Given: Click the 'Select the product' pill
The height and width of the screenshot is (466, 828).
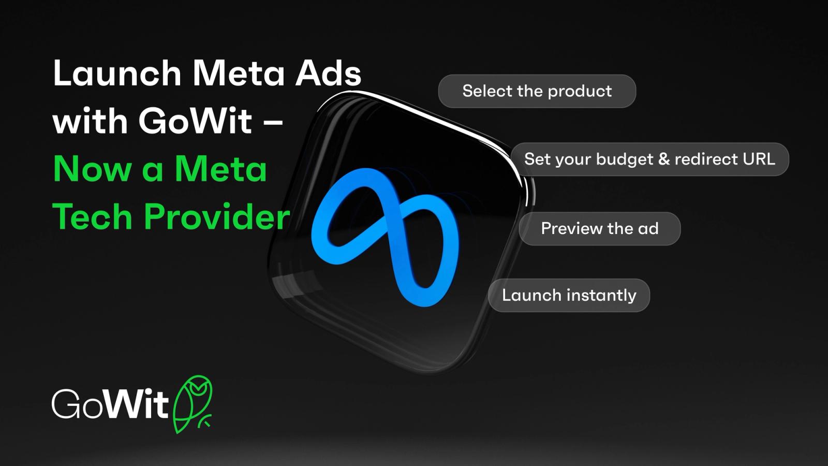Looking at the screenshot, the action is [x=537, y=91].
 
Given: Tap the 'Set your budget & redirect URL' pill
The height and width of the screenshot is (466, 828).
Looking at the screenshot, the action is [x=649, y=159].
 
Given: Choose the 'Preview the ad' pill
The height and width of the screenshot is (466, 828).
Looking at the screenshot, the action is [x=600, y=228].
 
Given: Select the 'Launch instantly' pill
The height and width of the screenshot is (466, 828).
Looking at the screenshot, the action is [x=569, y=295].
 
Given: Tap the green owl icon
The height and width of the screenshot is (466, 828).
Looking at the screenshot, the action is [x=192, y=404].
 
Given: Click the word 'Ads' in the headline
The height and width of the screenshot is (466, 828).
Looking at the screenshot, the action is [x=328, y=73].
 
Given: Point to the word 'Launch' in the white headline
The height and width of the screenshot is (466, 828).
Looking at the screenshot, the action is [x=117, y=73].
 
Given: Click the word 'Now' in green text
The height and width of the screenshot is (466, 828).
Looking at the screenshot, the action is [x=93, y=169].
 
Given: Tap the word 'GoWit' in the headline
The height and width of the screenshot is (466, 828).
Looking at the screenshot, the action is [x=195, y=121].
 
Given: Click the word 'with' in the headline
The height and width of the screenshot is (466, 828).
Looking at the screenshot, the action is [x=90, y=121].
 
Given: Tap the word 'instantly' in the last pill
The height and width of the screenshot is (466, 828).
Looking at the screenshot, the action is [x=601, y=296].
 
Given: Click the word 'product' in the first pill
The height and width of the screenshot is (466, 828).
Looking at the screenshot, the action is [x=580, y=92].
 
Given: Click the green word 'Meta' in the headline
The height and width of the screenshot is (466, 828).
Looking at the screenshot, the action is [x=220, y=169].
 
